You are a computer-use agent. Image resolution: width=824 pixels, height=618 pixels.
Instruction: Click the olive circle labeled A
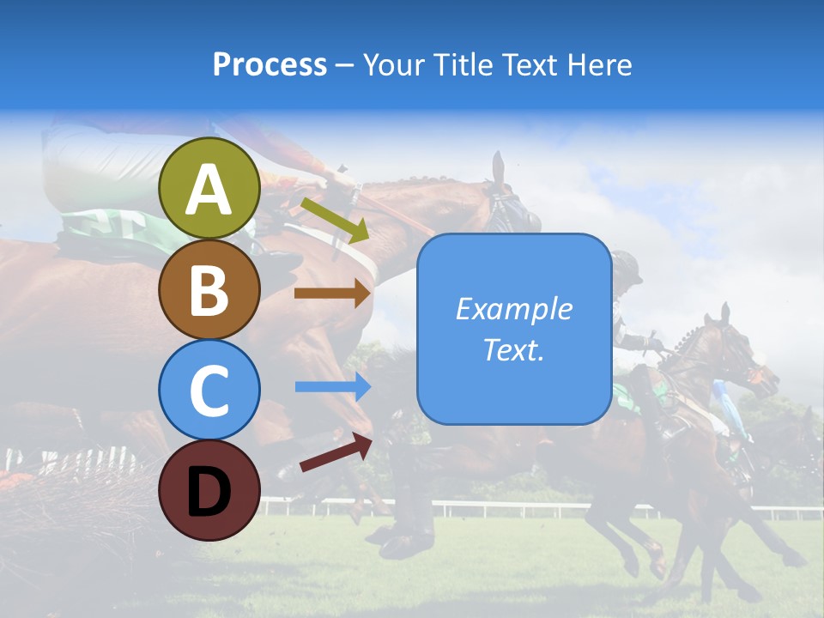click(209, 188)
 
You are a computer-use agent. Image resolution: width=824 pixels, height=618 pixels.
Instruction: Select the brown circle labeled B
click(209, 289)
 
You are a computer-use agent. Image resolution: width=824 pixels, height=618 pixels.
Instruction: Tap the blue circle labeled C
click(209, 390)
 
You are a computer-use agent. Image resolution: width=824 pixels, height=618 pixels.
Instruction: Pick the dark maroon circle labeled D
click(209, 490)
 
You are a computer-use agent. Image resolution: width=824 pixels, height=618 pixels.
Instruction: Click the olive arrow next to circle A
click(334, 220)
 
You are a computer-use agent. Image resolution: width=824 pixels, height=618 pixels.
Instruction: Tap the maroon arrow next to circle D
click(335, 452)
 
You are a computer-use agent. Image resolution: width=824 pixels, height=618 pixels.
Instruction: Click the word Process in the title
click(270, 65)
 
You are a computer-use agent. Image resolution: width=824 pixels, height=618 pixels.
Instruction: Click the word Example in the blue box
click(513, 309)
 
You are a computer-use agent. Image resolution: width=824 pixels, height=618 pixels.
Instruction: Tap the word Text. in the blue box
click(513, 350)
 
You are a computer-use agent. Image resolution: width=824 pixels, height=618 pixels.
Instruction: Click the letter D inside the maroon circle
click(209, 491)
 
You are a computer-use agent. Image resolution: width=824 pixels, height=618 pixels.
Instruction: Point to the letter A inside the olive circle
click(209, 190)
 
